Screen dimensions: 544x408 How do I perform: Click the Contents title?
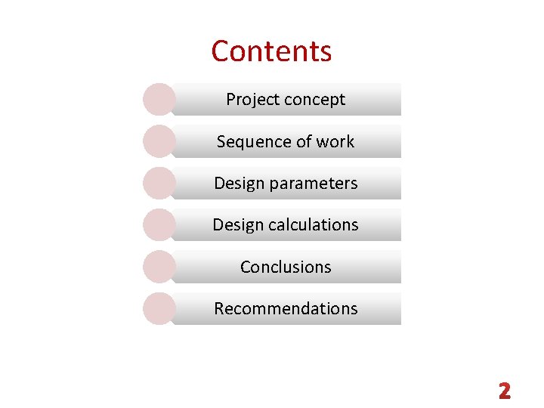(271, 51)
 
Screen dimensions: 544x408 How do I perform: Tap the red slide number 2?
(505, 391)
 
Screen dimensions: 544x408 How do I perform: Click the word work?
(336, 141)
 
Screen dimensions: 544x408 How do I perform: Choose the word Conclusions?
(286, 267)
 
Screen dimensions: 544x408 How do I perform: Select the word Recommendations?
(286, 308)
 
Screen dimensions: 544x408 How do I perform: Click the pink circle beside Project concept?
(159, 99)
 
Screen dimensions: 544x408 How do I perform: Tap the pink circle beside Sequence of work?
(159, 141)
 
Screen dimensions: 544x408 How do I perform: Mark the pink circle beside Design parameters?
(159, 183)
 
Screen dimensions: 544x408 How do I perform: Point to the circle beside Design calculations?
(159, 224)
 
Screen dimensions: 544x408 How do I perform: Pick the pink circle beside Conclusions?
(159, 266)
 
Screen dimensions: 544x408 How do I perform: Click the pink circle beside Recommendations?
(159, 308)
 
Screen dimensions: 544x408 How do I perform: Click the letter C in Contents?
(220, 51)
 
